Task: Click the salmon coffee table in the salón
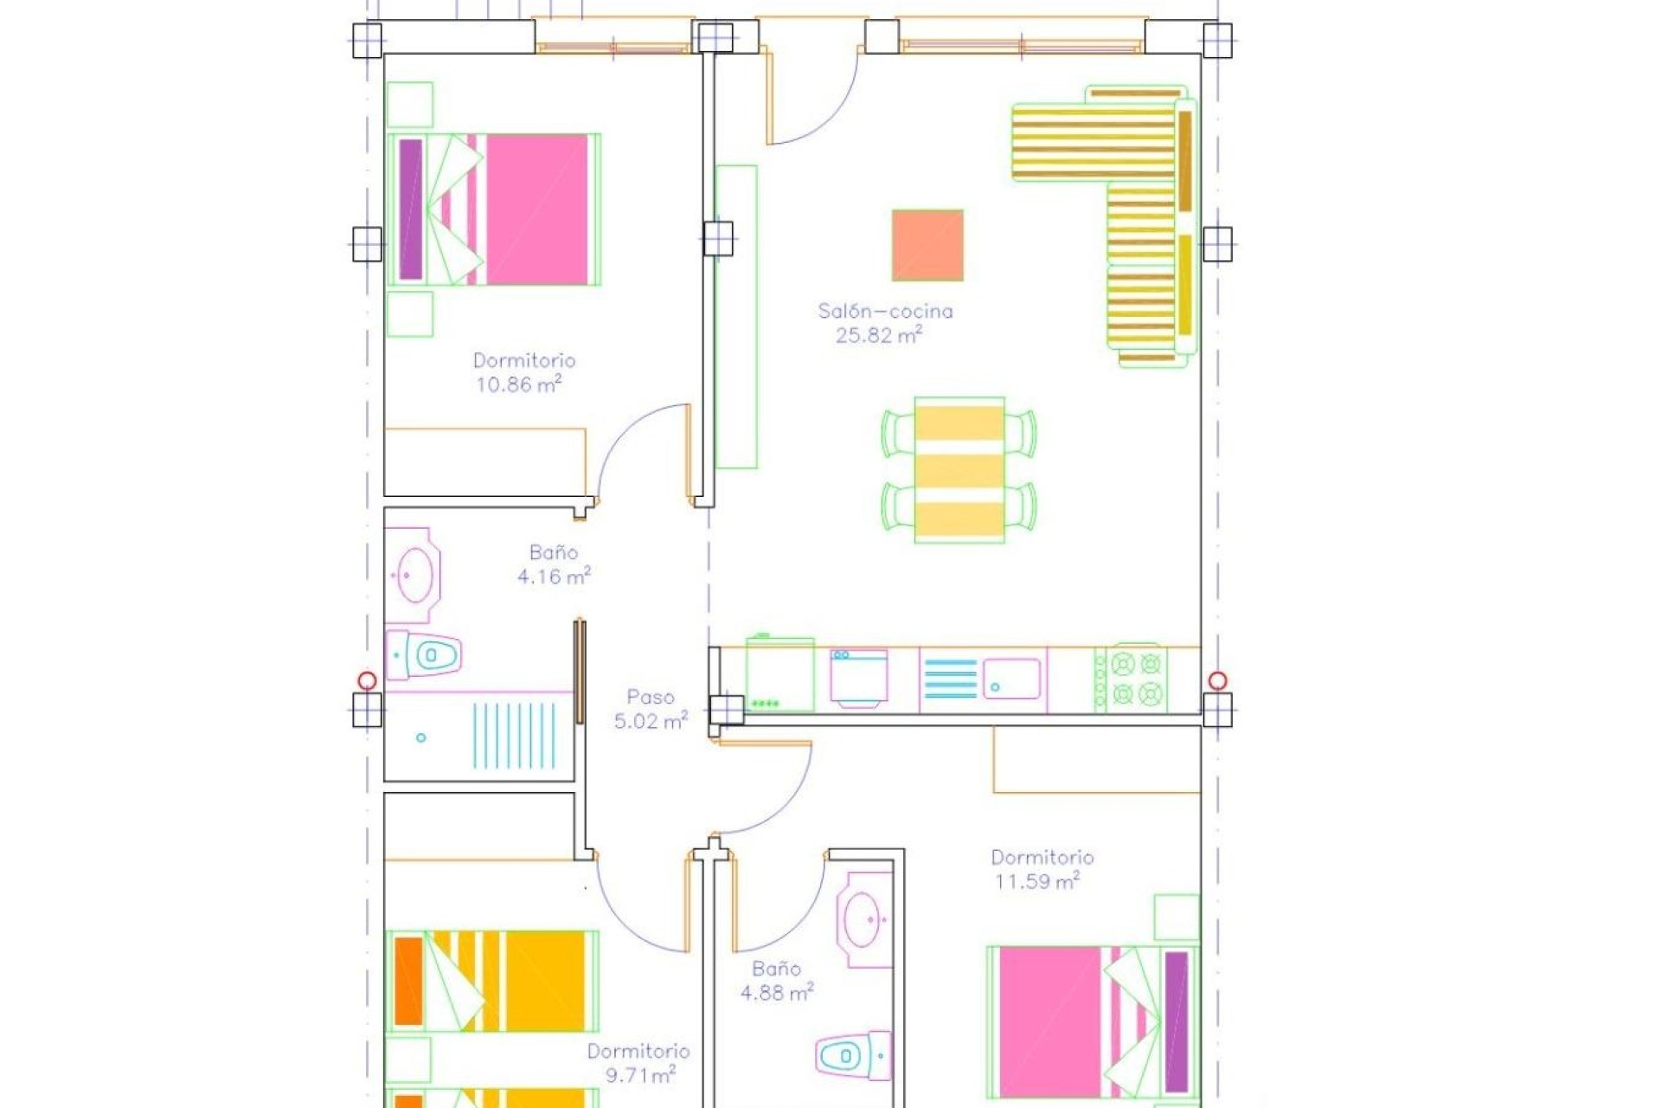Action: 927,245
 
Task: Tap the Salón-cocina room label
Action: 885,311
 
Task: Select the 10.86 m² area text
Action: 518,385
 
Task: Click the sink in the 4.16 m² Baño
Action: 414,574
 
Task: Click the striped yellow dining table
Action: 959,470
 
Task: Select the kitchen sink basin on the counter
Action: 1010,678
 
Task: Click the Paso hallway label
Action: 650,697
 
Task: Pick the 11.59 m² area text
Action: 1036,882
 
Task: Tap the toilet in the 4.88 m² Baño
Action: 851,1055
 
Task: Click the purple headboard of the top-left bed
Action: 411,209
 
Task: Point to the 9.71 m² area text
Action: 639,1076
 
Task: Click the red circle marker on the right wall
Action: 1217,680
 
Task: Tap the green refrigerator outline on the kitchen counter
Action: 779,675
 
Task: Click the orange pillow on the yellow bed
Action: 408,980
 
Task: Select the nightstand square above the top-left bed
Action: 409,105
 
